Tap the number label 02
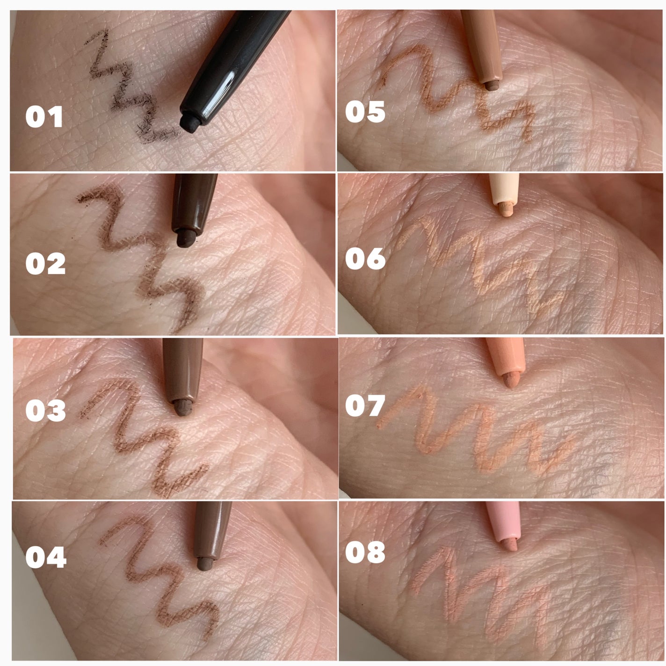[x=45, y=264]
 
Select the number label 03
[x=45, y=410]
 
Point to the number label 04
[x=45, y=557]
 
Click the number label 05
[x=365, y=112]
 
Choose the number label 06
[x=365, y=259]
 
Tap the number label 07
[x=365, y=405]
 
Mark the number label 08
[x=365, y=552]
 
